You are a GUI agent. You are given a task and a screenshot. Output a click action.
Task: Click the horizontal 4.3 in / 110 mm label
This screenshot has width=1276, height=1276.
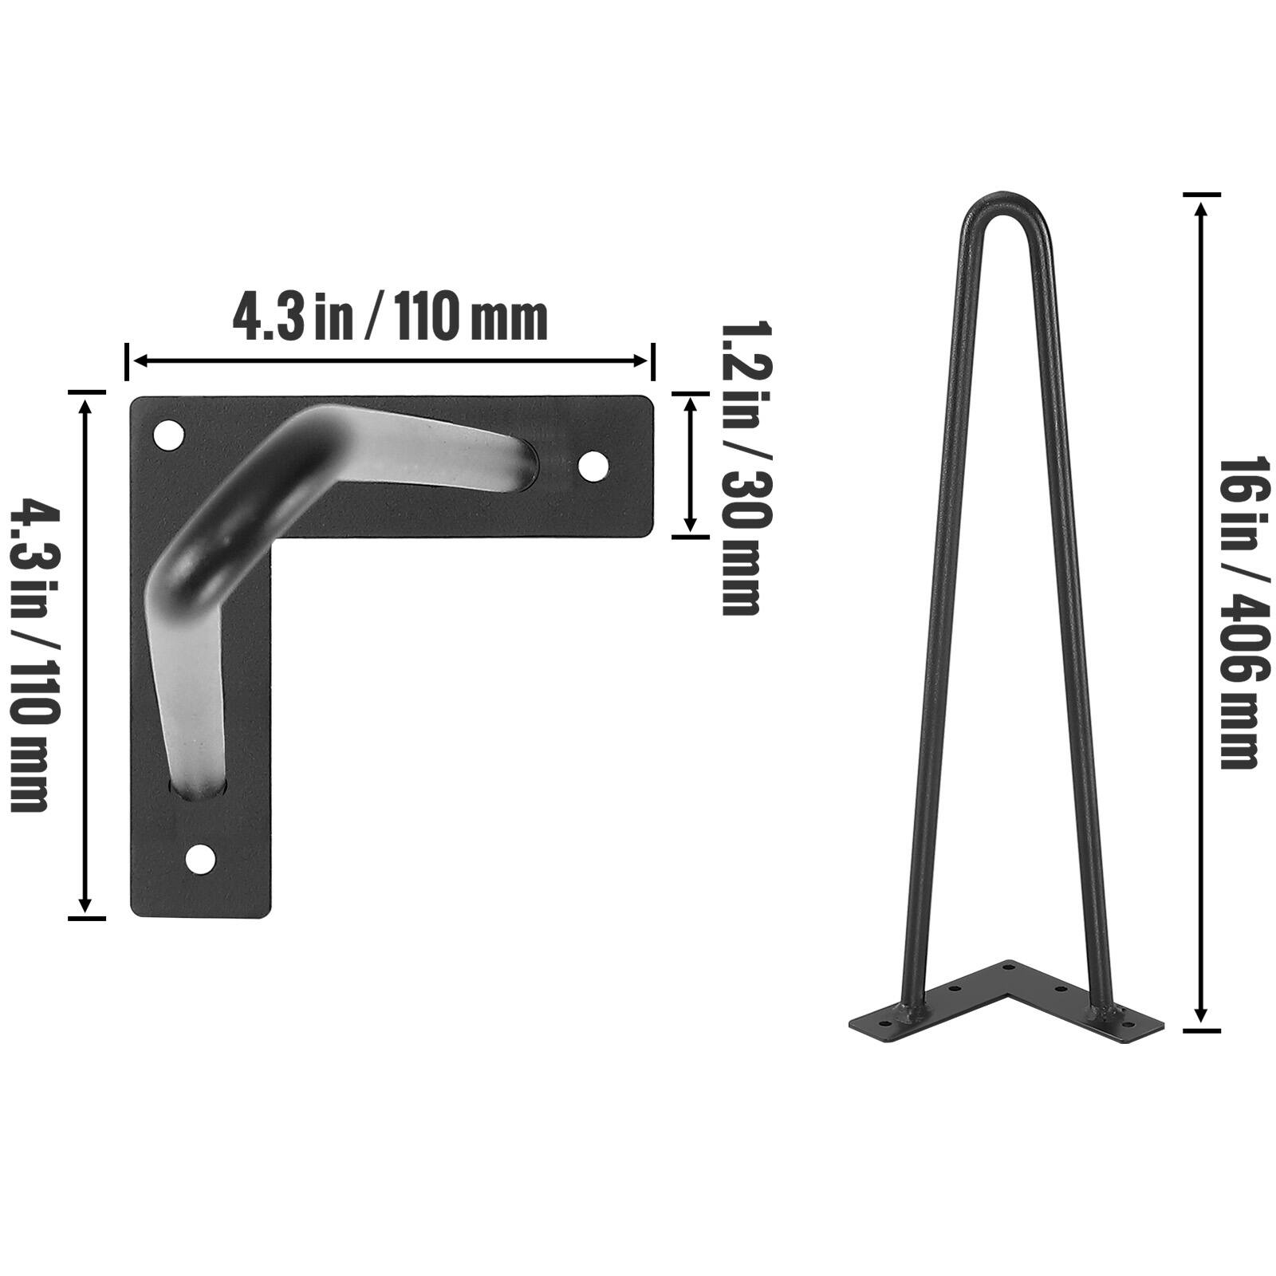pos(389,317)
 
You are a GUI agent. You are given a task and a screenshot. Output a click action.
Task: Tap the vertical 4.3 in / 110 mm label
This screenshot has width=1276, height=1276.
pos(33,654)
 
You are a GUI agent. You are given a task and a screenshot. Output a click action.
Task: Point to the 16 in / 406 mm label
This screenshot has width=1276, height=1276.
pos(1238,612)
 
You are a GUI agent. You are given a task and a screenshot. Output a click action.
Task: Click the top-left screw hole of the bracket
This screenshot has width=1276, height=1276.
pos(167,435)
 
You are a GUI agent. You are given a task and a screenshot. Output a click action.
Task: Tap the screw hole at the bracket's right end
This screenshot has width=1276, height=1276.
pos(592,467)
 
